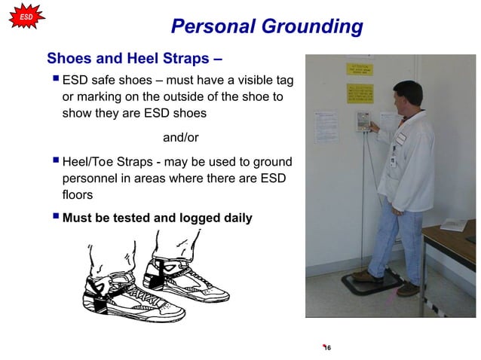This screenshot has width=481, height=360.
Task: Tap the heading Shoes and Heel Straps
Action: click(134, 58)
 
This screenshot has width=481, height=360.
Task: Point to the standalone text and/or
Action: click(181, 137)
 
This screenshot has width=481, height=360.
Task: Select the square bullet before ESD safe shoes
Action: click(54, 79)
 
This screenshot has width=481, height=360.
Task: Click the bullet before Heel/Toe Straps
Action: click(54, 161)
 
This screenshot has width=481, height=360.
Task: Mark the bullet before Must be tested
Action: click(54, 218)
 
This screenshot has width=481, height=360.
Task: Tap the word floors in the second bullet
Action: click(78, 195)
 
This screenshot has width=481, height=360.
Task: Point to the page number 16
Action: click(327, 347)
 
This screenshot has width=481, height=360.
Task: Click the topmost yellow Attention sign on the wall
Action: click(360, 69)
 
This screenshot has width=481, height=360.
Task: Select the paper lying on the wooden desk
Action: click(456, 224)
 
